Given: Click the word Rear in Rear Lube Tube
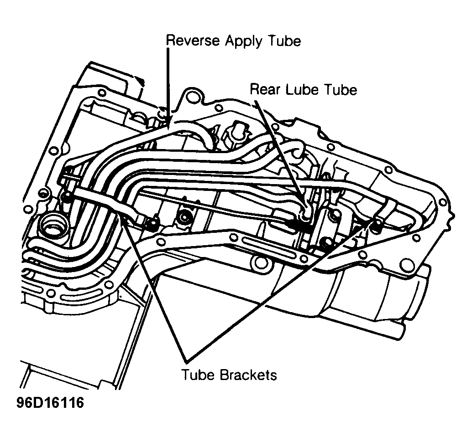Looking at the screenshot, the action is click(x=265, y=90).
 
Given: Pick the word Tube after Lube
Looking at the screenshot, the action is click(x=340, y=90).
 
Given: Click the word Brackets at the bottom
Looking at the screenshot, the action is click(x=248, y=375).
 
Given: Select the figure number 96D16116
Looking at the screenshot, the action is click(x=50, y=403).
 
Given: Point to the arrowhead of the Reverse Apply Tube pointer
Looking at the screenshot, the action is click(x=168, y=122).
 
